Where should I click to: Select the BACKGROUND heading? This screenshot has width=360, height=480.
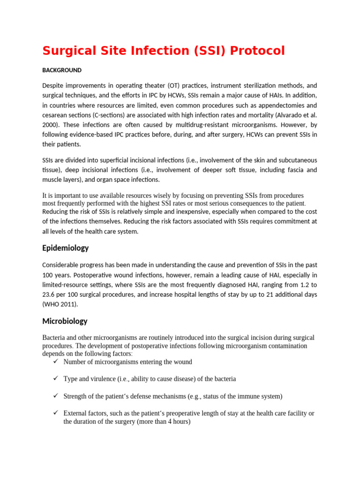pos(62,70)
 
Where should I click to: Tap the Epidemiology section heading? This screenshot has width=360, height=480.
pos(66,248)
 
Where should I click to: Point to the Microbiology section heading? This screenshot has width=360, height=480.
pos(65,321)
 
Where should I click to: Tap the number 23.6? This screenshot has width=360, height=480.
pos(50,294)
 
